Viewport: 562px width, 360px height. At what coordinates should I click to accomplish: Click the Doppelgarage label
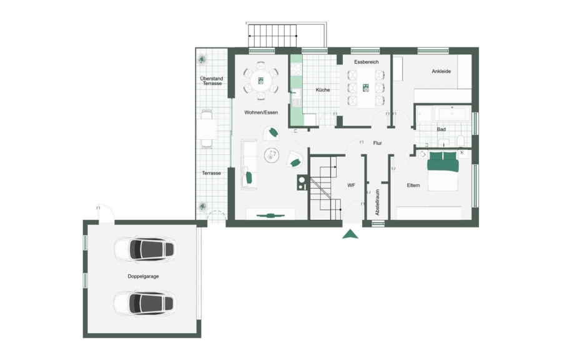[143, 276]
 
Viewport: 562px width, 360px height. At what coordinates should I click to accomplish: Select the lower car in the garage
[145, 303]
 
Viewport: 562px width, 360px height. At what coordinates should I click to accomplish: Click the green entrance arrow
[350, 234]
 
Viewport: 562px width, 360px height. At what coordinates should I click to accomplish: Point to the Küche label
[323, 90]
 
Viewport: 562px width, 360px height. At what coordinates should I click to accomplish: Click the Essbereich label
[367, 62]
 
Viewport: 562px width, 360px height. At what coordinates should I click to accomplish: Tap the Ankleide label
[441, 71]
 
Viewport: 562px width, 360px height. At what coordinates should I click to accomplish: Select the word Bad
[441, 129]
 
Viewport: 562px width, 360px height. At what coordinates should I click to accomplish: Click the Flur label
[377, 143]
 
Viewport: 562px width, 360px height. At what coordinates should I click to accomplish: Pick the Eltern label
[413, 186]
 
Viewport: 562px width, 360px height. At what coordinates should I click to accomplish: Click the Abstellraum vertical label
[377, 202]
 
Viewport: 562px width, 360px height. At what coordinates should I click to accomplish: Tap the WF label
[351, 186]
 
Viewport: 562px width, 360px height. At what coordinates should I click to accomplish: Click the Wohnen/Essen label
[261, 112]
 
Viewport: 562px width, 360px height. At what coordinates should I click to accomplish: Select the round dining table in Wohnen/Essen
[261, 81]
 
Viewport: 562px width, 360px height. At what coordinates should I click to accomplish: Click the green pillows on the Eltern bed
[443, 156]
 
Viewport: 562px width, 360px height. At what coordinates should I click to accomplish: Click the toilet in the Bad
[461, 141]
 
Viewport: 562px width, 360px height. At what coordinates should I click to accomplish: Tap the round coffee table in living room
[272, 155]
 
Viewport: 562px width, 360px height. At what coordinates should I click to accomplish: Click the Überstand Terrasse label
[212, 81]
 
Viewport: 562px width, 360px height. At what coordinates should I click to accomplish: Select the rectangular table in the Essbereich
[366, 88]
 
